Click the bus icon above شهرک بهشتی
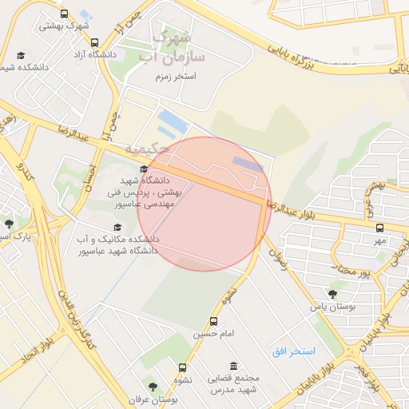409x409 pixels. [64, 14]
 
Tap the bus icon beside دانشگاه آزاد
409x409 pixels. [94, 43]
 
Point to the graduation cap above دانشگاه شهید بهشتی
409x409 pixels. [144, 169]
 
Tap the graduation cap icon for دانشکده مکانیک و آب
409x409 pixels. [117, 228]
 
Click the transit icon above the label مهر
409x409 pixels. [378, 228]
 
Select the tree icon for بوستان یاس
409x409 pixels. [332, 294]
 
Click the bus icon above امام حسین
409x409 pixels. [213, 310]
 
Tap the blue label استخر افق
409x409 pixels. [293, 351]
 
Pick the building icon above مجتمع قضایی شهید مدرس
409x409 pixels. [232, 365]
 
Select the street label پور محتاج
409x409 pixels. [354, 274]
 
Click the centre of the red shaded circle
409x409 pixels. [204, 204]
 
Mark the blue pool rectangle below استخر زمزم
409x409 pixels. [173, 124]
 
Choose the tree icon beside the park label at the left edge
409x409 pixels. [9, 224]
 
